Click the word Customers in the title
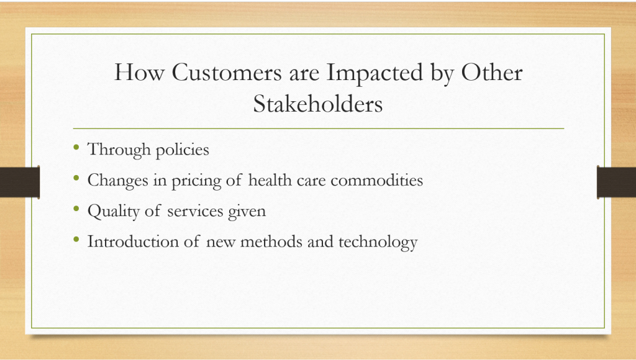point(226,73)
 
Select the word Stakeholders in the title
point(318,104)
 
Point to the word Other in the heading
point(492,73)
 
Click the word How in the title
point(139,73)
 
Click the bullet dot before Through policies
point(76,146)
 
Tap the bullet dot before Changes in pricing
point(76,178)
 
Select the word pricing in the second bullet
point(196,181)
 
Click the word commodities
point(377,180)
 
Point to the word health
point(270,179)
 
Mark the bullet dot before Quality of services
point(76,209)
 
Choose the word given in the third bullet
point(247,212)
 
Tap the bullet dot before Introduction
point(76,239)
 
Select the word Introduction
point(133,241)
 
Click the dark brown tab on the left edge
point(20,182)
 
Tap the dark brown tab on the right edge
point(616,182)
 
